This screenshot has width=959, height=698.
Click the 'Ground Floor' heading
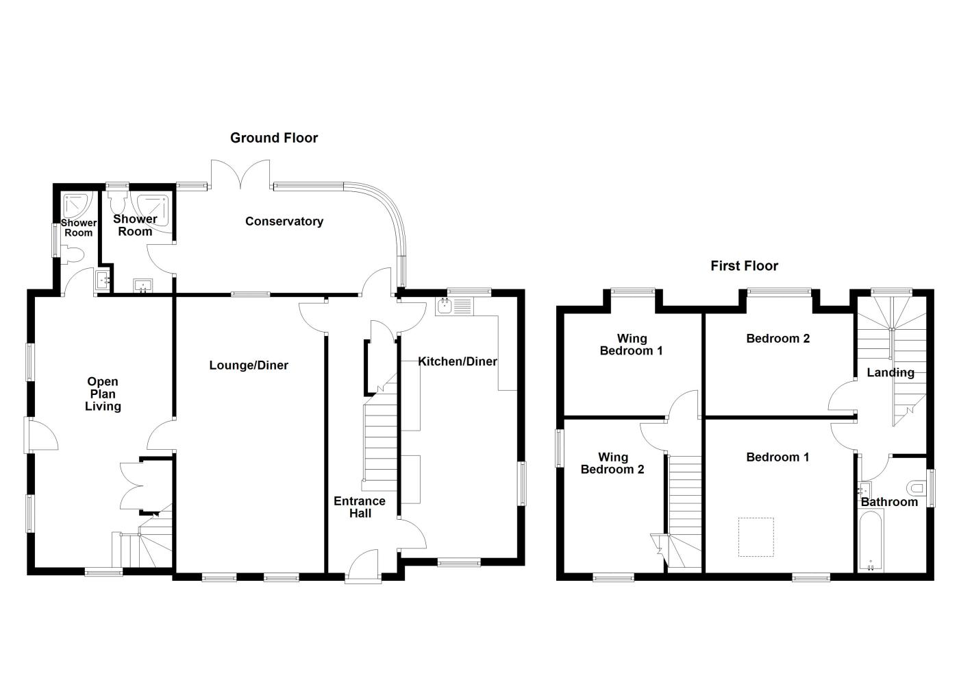[274, 138]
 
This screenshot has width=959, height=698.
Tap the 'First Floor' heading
[744, 266]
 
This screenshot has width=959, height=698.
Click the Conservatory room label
[284, 221]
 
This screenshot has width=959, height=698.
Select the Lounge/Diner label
[249, 365]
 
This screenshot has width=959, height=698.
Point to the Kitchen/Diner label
[458, 361]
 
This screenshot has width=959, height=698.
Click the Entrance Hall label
[360, 507]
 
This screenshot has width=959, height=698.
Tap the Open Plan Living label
[103, 394]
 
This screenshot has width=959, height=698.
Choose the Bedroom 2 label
[777, 338]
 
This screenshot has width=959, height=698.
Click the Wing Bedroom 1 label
[631, 344]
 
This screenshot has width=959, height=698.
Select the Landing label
[890, 372]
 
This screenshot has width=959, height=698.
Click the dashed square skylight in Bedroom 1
[756, 537]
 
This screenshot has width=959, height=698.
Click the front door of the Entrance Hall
[363, 566]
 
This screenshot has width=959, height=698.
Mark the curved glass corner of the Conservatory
[384, 206]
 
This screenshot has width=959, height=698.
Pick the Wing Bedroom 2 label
[612, 464]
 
